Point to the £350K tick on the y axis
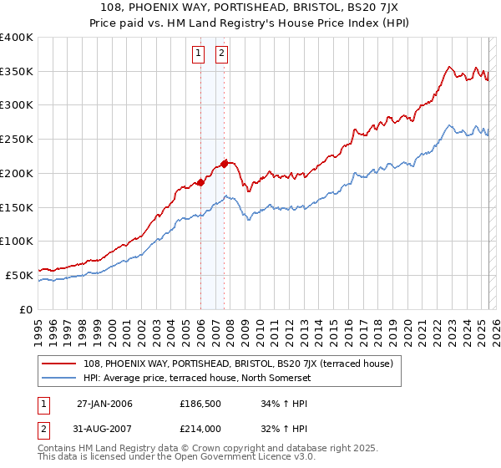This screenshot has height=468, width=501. pyautogui.click(x=17, y=72)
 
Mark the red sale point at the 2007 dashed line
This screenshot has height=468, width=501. pyautogui.click(x=225, y=163)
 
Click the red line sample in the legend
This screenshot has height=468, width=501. pyautogui.click(x=60, y=364)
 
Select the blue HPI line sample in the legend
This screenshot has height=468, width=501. pyautogui.click(x=60, y=378)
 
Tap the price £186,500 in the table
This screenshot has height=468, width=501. pyautogui.click(x=199, y=404)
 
